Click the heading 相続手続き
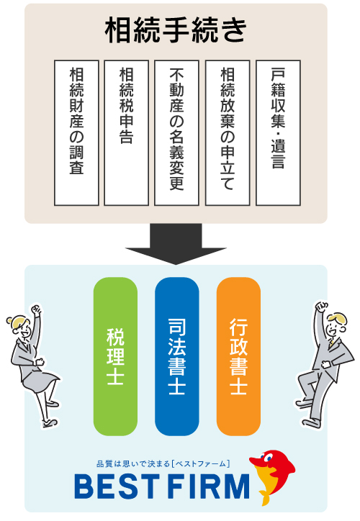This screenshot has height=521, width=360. pyautogui.click(x=176, y=30)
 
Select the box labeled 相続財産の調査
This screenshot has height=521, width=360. pyautogui.click(x=76, y=133)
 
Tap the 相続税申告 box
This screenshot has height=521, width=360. pyautogui.click(x=126, y=133)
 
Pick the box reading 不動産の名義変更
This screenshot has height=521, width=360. pyautogui.click(x=176, y=133)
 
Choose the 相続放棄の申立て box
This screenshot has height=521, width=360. pyautogui.click(x=228, y=133)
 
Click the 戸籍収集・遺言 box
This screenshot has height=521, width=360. pyautogui.click(x=278, y=133)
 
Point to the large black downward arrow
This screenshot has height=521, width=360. pyautogui.click(x=176, y=244)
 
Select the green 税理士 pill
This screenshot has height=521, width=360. pyautogui.click(x=115, y=356)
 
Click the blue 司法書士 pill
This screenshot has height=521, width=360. pyautogui.click(x=177, y=356)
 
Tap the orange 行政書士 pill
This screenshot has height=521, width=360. pyautogui.click(x=238, y=356)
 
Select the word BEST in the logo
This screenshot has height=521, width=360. pyautogui.click(x=116, y=486)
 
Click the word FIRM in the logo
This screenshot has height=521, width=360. pyautogui.click(x=208, y=486)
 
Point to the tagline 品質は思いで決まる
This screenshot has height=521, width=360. pyautogui.click(x=133, y=464)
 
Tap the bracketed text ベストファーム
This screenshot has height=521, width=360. pyautogui.click(x=200, y=464)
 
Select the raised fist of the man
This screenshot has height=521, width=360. pyautogui.click(x=321, y=307)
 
